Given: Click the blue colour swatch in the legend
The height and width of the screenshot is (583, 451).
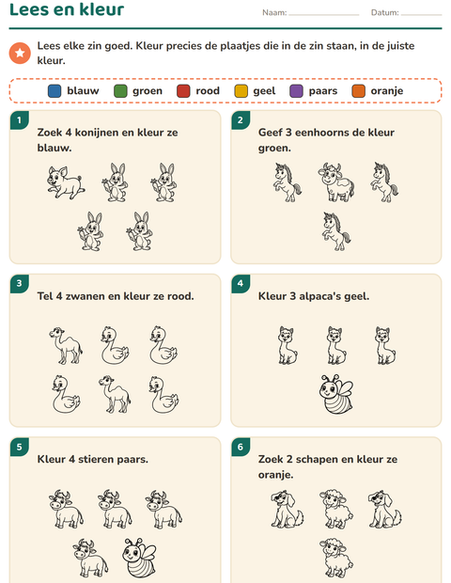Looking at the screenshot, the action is click(54, 91).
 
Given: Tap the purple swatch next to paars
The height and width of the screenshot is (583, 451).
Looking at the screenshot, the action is click(296, 91).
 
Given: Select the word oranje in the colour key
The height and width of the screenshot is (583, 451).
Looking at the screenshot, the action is click(387, 91).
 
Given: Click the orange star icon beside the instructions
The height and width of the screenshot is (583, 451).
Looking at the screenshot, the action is click(20, 53).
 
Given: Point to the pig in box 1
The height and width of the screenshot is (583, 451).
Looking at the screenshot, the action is click(66, 182).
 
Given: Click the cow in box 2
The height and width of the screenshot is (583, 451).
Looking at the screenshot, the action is click(336, 181).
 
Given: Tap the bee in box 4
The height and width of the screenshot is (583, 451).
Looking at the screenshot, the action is click(335, 394).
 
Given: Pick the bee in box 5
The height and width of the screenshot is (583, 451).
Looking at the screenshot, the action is click(139, 558).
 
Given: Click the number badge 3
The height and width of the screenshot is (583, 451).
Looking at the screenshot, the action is click(19, 283).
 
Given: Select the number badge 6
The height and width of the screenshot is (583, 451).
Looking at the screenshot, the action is click(241, 447).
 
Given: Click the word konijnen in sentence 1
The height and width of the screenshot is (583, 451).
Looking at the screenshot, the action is click(99, 133).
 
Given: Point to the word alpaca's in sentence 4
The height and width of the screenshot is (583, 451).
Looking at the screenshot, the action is click(319, 297).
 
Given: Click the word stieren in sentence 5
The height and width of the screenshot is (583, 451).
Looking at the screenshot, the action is click(92, 459).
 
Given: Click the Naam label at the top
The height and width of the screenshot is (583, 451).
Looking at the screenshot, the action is click(274, 12).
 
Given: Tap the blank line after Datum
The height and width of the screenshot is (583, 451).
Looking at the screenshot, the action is click(421, 15).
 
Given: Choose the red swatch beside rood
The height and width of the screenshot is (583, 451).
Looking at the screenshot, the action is click(183, 91).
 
